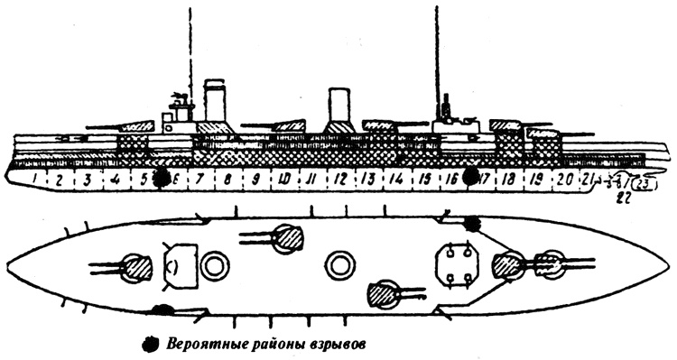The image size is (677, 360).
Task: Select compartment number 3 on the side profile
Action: (88, 180)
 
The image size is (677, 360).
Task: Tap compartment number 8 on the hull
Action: (227, 179)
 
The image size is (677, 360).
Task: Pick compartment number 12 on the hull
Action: (339, 179)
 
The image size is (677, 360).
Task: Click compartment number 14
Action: (394, 179)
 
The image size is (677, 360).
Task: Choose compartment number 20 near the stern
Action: (565, 179)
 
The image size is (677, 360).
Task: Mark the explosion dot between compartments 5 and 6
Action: (162, 178)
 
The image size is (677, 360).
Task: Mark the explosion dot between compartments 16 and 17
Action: (469, 177)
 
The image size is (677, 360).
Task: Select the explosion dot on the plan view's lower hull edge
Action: (162, 311)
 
